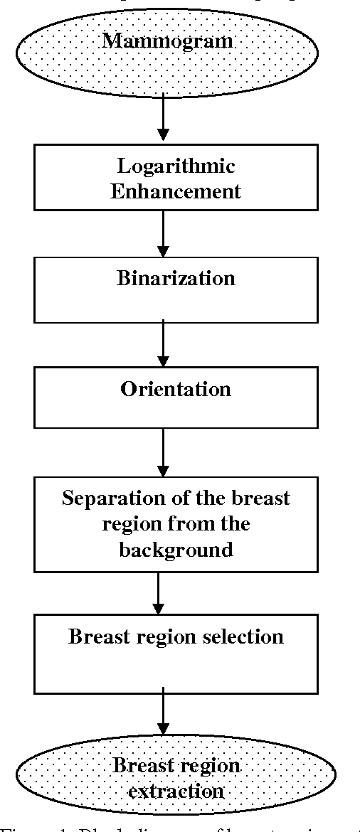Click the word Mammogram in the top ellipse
(166, 41)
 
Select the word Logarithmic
(176, 166)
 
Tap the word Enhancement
(176, 191)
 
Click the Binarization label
(176, 277)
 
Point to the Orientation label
(176, 389)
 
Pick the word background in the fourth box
(176, 549)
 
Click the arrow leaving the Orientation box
(164, 452)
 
